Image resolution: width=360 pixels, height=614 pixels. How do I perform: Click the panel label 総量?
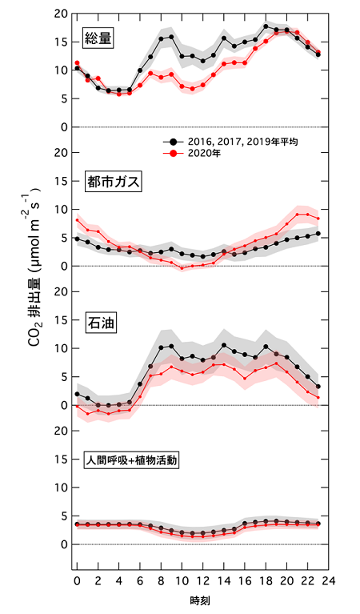100,37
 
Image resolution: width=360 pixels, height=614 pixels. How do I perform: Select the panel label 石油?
100,324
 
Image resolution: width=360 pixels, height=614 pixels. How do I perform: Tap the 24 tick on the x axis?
329,579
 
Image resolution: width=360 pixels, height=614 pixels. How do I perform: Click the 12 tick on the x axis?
202,579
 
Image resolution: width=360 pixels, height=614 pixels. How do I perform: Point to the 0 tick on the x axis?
77,579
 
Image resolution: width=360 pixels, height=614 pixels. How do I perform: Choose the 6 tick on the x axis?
140,579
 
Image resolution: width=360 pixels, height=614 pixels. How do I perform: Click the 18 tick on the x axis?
266,579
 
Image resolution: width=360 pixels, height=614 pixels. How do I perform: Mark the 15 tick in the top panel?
58,42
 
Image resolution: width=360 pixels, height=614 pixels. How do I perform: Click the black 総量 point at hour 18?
266,26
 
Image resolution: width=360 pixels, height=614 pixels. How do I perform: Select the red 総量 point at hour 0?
77,62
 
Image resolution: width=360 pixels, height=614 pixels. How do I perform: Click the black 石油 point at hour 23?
318,387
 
